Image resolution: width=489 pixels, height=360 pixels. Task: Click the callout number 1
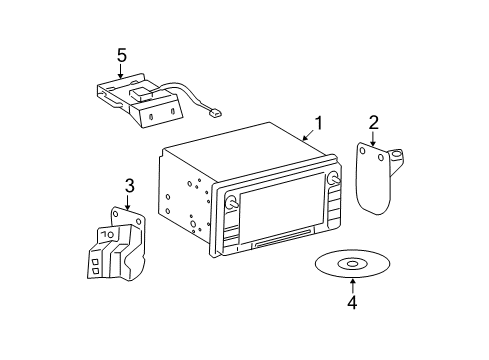[x=319, y=123]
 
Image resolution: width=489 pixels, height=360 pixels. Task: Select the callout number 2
[x=374, y=122]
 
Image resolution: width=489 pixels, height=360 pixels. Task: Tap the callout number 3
[x=129, y=186]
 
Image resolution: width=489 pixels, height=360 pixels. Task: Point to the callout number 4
[x=352, y=302]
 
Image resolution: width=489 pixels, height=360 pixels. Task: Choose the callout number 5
[x=122, y=55]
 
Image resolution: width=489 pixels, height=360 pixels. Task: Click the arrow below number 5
[x=120, y=72]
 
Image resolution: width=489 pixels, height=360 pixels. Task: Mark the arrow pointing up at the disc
[x=352, y=287]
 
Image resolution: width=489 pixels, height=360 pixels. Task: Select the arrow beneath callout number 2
[x=373, y=139]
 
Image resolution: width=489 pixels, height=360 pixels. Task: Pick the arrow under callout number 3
[x=127, y=202]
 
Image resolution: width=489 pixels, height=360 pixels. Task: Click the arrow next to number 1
[x=308, y=135]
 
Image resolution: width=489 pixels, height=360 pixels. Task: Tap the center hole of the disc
[x=352, y=264]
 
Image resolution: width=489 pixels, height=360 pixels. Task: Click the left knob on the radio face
[x=231, y=202]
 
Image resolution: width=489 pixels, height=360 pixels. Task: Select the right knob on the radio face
[x=334, y=178]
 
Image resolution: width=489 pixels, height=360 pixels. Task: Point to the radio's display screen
[x=282, y=210]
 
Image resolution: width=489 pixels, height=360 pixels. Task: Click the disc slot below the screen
[x=284, y=238]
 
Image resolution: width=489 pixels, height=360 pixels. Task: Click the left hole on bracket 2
[x=362, y=150]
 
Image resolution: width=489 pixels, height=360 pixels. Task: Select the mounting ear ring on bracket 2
[x=396, y=154]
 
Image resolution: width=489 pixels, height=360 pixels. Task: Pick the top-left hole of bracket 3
[x=116, y=213]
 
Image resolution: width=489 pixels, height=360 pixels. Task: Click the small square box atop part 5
[x=140, y=93]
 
